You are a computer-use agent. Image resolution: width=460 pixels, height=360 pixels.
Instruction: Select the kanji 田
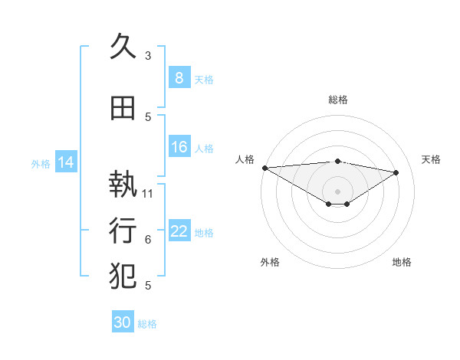(x=123, y=108)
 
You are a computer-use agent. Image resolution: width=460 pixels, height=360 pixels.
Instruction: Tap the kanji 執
(x=123, y=185)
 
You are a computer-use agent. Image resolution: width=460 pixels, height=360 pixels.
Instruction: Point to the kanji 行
(x=123, y=229)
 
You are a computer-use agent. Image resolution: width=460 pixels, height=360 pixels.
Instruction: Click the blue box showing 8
(x=179, y=77)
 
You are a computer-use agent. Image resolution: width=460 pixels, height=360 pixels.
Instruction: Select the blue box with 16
(x=179, y=147)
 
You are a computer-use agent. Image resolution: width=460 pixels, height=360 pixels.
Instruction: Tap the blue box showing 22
(x=179, y=231)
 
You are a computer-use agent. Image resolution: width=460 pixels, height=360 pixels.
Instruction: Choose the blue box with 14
(x=66, y=162)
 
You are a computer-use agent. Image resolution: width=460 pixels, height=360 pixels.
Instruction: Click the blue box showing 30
(x=123, y=322)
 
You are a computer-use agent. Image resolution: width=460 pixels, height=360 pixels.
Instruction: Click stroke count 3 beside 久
(x=148, y=56)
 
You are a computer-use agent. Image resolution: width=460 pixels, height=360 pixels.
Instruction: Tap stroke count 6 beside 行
(x=148, y=240)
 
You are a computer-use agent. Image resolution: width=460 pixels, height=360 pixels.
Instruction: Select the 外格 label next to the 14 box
(x=41, y=163)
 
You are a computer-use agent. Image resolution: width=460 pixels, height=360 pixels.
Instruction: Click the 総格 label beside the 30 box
(x=147, y=324)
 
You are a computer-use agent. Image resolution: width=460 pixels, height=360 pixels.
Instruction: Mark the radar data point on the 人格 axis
(x=264, y=168)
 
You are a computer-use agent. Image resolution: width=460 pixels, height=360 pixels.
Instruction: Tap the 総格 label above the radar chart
(x=337, y=100)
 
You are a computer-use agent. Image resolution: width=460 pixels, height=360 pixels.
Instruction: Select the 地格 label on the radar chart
(x=402, y=262)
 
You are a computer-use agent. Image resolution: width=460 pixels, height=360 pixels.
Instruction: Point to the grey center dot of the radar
(x=337, y=190)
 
